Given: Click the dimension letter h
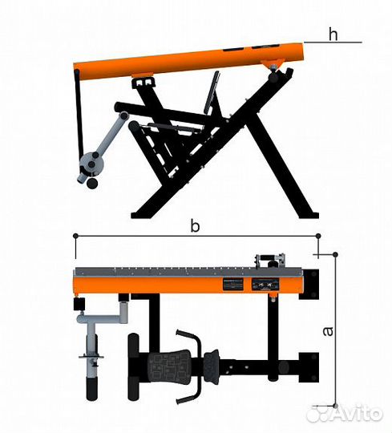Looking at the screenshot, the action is point(333,34).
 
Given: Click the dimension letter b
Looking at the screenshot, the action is point(195,226).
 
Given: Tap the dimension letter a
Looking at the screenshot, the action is point(328,331).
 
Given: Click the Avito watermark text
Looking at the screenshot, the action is point(356,414).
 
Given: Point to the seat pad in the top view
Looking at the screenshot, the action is point(169,365).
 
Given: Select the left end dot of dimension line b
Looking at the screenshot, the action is point(75,236).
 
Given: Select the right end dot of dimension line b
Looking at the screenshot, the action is point(318,236).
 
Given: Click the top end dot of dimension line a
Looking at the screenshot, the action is point(335,254).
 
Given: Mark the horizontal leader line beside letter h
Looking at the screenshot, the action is point(333,42).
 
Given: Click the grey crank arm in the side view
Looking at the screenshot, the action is point(109,136).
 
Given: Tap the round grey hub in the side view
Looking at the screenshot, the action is point(91,165).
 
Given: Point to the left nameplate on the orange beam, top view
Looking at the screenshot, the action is point(233,284).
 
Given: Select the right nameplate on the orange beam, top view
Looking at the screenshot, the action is point(265,284).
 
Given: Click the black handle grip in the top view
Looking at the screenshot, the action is point(92,389).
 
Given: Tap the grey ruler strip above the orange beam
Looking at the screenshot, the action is point(188,272).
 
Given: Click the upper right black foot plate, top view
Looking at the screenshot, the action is point(309,285).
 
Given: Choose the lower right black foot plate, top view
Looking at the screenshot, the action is point(309,367).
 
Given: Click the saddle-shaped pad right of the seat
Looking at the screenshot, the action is point(212,363).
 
